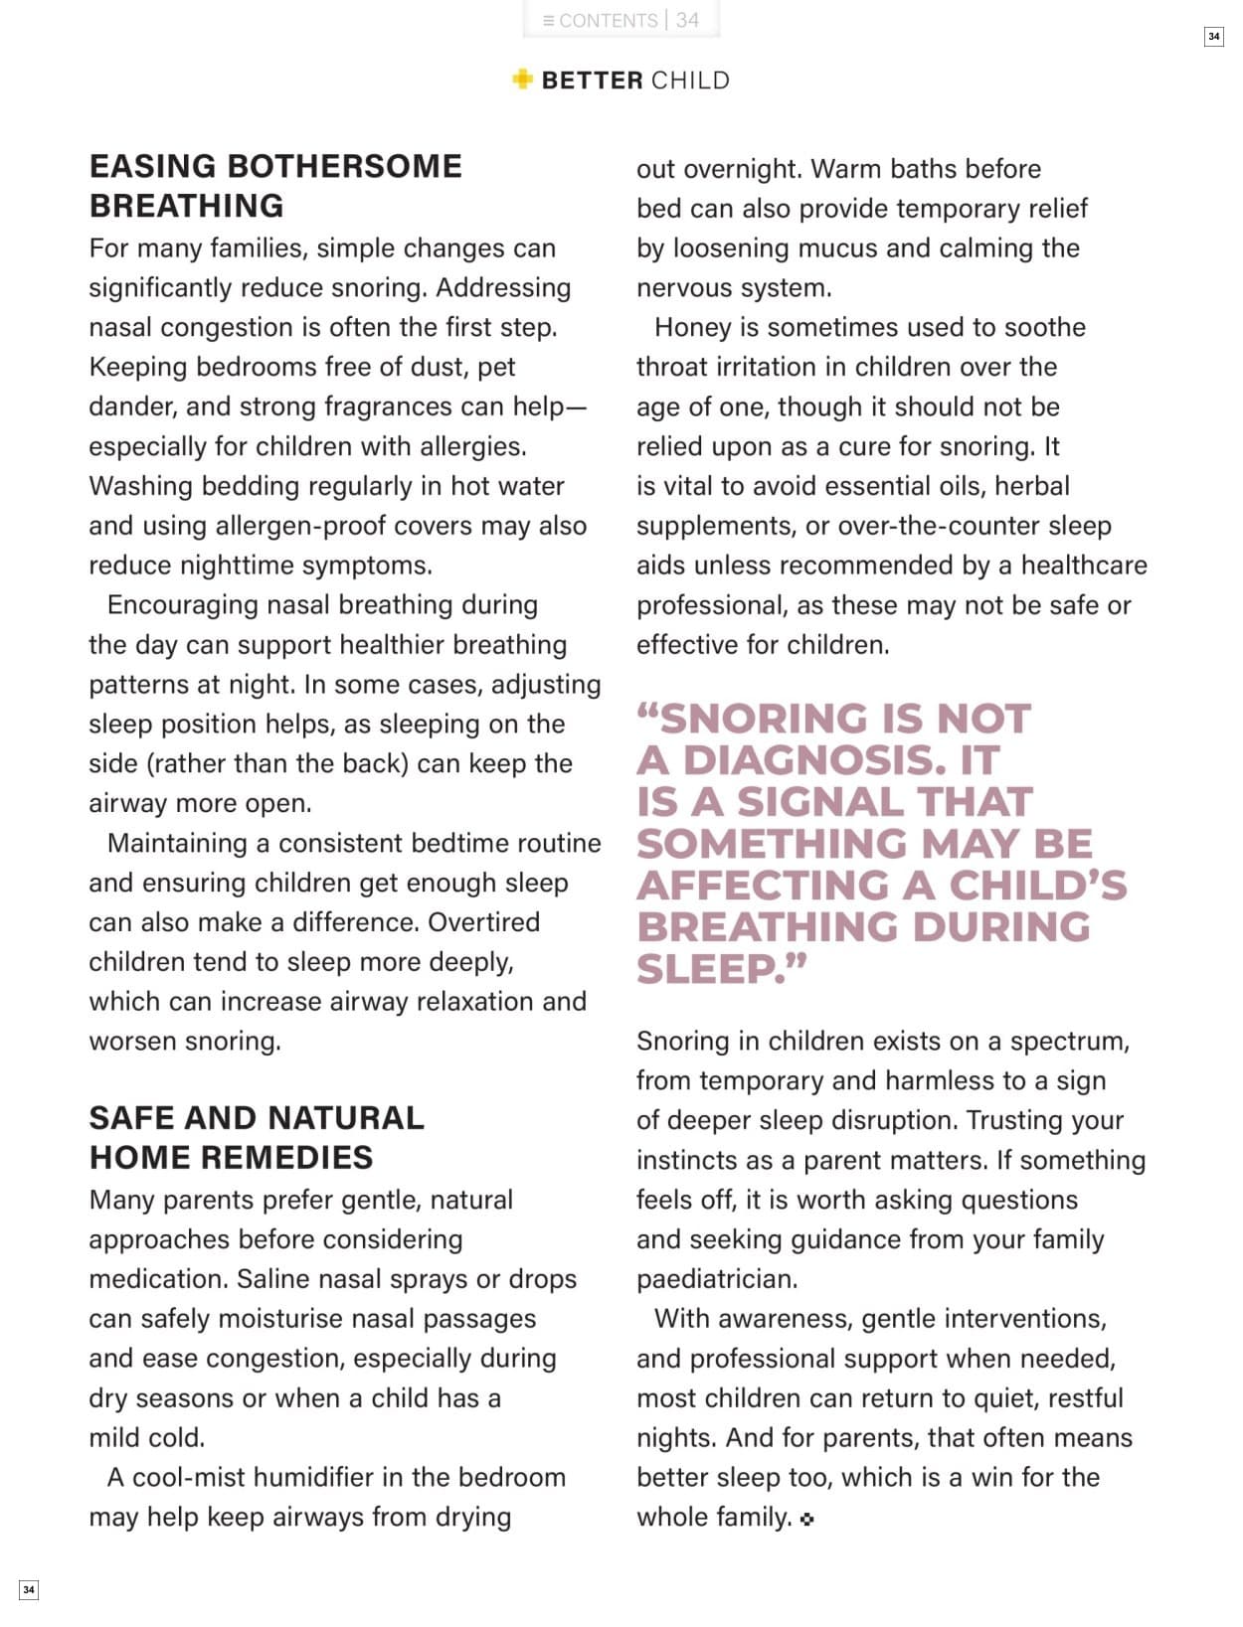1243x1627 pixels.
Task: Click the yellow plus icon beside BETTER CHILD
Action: coord(522,80)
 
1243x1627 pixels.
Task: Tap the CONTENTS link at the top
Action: coord(600,20)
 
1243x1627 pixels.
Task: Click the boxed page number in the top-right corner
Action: coord(1213,37)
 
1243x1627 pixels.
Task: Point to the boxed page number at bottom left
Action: coord(29,1589)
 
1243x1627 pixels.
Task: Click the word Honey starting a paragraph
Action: coord(690,327)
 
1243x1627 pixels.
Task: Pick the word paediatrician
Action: coord(716,1279)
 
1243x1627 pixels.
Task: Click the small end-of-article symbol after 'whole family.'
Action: coord(806,1519)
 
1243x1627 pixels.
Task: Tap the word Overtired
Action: coord(483,922)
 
